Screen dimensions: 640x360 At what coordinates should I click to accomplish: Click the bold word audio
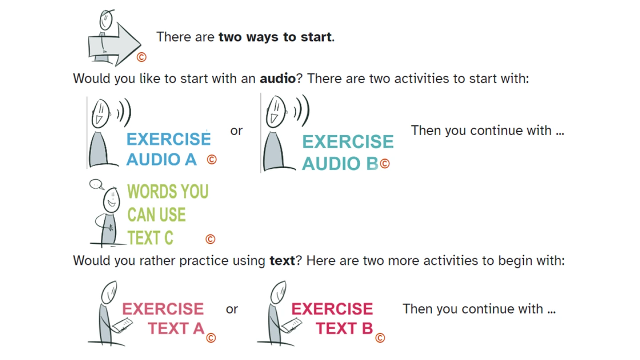[x=277, y=79]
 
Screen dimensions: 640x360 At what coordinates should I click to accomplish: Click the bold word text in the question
[x=282, y=260]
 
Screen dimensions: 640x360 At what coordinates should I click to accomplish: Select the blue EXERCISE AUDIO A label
[x=168, y=149]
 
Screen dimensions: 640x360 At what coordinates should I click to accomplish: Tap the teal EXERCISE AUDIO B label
[x=348, y=152]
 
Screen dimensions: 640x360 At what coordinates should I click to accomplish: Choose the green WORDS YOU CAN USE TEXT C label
[x=168, y=214]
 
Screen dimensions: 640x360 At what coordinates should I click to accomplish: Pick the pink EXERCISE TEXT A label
[x=163, y=318]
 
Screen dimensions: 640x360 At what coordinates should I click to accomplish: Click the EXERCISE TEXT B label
[x=332, y=318]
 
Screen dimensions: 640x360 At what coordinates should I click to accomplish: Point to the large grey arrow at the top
[x=114, y=45]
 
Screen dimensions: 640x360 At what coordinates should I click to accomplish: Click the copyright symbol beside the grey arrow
[x=141, y=57]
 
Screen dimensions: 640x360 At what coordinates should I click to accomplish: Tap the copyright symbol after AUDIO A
[x=212, y=160]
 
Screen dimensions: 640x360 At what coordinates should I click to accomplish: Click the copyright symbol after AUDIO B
[x=385, y=164]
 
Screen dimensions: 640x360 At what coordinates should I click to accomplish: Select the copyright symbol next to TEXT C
[x=210, y=239]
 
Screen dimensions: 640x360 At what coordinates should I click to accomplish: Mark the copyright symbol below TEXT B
[x=380, y=338]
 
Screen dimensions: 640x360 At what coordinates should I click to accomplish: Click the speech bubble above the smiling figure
[x=96, y=184]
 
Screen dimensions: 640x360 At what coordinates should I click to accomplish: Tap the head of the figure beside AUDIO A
[x=100, y=113]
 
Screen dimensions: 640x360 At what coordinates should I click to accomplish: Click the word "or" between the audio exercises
[x=236, y=131]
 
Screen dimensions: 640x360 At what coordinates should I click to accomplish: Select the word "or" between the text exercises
[x=232, y=309]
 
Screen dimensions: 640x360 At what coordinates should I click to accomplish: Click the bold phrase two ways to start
[x=275, y=37]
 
